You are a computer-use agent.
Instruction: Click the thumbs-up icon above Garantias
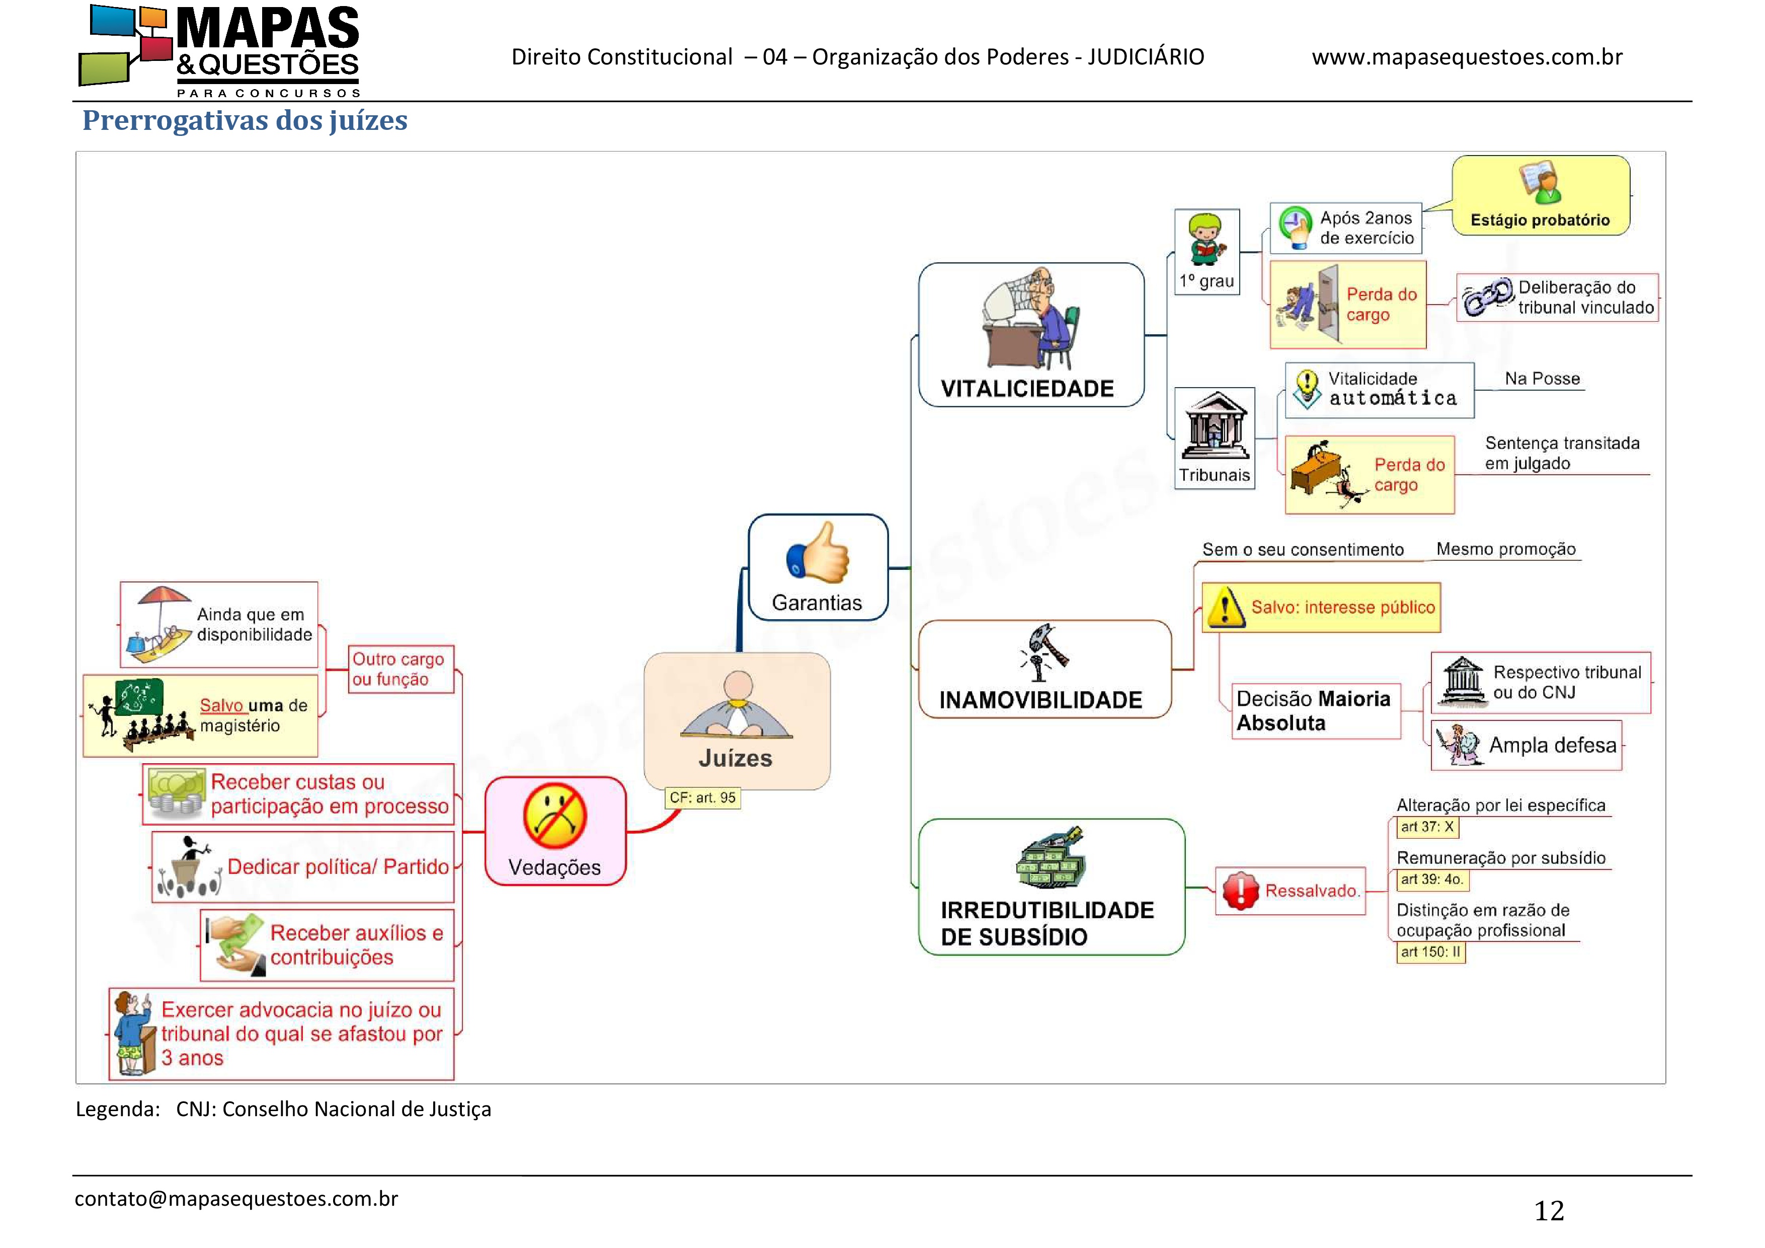coord(817,552)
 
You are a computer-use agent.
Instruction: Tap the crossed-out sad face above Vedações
coord(554,816)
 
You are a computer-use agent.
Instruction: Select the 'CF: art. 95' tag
coord(702,798)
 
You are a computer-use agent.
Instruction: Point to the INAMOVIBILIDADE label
coord(1041,700)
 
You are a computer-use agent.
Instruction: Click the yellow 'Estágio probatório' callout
coord(1541,195)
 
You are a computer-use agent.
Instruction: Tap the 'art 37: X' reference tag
coord(1427,828)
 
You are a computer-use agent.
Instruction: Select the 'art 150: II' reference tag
coord(1430,952)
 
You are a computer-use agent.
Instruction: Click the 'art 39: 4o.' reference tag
coord(1430,879)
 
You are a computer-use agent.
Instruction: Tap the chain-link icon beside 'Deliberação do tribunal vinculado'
coord(1487,297)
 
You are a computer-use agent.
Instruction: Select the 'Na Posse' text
coord(1542,378)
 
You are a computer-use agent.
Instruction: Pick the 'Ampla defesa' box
coord(1526,745)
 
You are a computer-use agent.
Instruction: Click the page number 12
coord(1549,1211)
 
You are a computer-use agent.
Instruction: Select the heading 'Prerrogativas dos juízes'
coord(245,121)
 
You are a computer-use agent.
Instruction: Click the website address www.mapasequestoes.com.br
coord(1467,57)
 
